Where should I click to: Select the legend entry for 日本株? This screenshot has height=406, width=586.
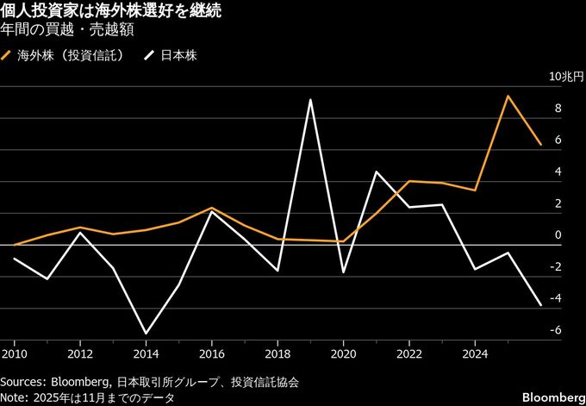click(x=178, y=56)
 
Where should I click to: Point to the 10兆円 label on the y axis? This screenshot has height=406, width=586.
click(x=565, y=77)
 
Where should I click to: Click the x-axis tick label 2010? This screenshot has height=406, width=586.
click(x=14, y=353)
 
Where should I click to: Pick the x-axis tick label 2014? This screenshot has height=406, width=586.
click(x=146, y=353)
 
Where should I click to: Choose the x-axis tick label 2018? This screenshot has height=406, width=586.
click(x=277, y=353)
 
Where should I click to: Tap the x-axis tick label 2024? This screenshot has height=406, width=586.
click(x=475, y=353)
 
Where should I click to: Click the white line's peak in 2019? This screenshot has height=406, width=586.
click(x=310, y=100)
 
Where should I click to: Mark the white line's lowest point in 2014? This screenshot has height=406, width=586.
click(x=146, y=334)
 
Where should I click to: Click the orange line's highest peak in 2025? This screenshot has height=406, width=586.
click(x=508, y=96)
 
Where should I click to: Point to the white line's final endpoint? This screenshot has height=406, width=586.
click(x=540, y=305)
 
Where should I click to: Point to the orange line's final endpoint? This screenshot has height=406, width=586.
click(x=540, y=145)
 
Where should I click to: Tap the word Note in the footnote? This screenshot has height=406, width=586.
click(x=15, y=397)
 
